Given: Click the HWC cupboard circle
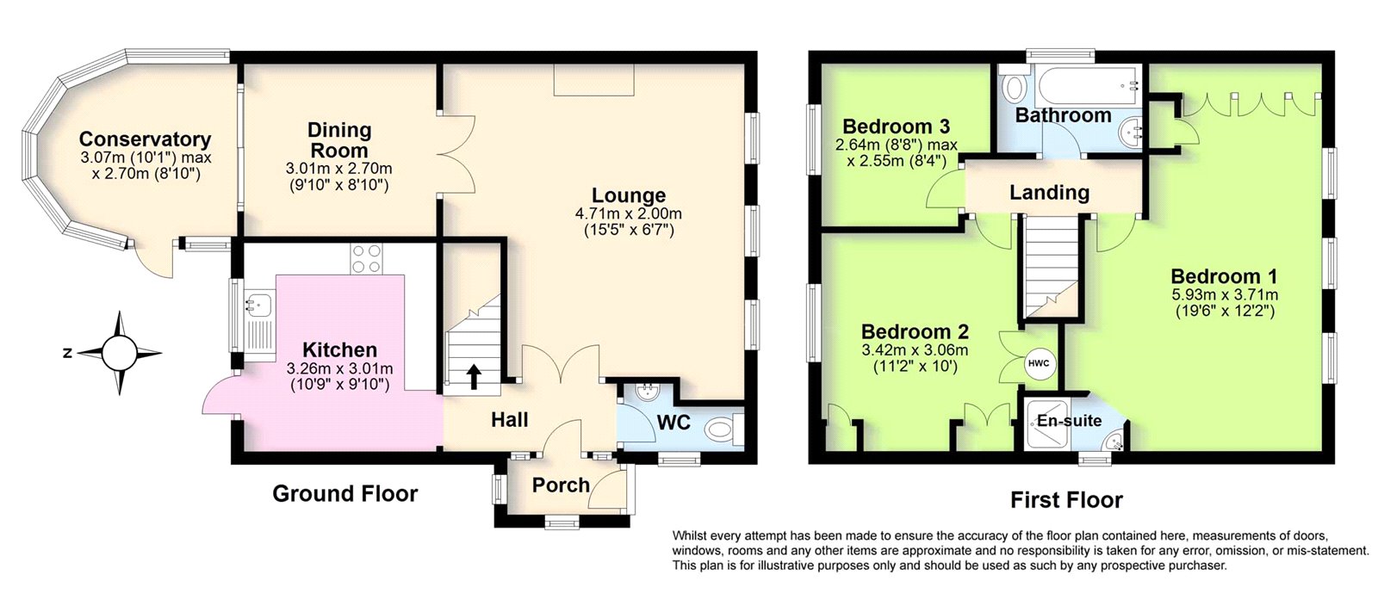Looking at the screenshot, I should pyautogui.click(x=1039, y=363).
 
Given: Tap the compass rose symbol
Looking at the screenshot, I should pyautogui.click(x=120, y=353).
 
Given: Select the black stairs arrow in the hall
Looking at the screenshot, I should pyautogui.click(x=473, y=375).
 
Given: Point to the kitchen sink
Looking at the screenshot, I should pyautogui.click(x=258, y=303).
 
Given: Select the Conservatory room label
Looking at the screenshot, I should pyautogui.click(x=145, y=139).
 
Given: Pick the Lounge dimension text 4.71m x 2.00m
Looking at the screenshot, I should pyautogui.click(x=628, y=213).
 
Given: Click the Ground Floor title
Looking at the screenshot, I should pyautogui.click(x=344, y=493).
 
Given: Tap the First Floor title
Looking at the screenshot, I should pyautogui.click(x=1066, y=500).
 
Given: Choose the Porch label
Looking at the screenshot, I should pyautogui.click(x=561, y=485).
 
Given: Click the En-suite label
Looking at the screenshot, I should pyautogui.click(x=1069, y=421).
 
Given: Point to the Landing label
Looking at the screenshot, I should pyautogui.click(x=1049, y=193).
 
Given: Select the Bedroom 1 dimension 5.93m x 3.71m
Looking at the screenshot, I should pyautogui.click(x=1224, y=294).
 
